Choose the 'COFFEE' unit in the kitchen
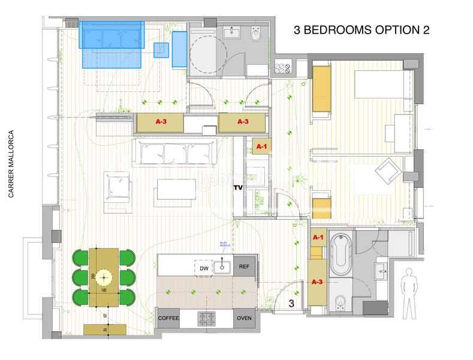[x=168, y=318]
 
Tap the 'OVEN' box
[x=244, y=318]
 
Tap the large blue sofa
[x=113, y=38]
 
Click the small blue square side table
[x=161, y=50]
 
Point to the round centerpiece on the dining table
[x=106, y=277]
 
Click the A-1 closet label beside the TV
[x=262, y=146]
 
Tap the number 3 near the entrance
[x=291, y=304]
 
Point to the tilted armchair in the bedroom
[x=386, y=170]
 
